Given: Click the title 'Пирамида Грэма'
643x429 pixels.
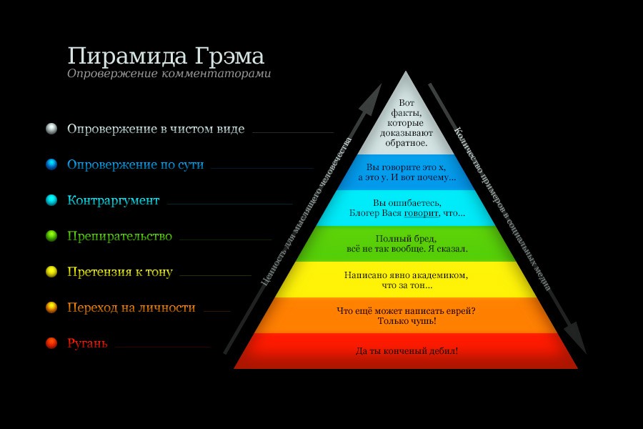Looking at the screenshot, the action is coord(166,56).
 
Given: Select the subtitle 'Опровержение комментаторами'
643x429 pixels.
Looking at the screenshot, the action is coord(169,74).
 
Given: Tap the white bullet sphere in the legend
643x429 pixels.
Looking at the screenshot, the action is coord(51,129).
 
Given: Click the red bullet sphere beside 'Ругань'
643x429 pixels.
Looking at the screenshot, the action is coord(51,343).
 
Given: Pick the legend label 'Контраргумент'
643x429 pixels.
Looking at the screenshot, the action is coord(113,200).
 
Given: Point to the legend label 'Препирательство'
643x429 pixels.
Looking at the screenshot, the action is coord(120,236).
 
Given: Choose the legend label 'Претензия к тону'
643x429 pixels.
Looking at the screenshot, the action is coord(120,272).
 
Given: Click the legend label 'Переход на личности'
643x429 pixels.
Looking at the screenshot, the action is coord(131,307).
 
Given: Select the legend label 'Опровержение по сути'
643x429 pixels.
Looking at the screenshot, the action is coord(135,164).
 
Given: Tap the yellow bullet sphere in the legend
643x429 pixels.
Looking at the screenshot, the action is coord(51,272).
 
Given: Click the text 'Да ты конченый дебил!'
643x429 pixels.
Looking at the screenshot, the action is coord(407,351).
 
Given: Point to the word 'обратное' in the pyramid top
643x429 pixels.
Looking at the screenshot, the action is coord(405,143).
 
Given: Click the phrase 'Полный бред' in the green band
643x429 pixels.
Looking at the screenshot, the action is coord(406,239).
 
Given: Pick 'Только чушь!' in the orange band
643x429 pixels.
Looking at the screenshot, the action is coord(407,321).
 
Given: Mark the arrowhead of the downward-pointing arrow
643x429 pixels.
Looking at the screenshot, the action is coord(576,337).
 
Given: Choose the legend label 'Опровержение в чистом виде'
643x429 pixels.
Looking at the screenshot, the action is coord(156,129).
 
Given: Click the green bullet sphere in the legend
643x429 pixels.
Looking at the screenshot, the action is coord(51,236).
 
